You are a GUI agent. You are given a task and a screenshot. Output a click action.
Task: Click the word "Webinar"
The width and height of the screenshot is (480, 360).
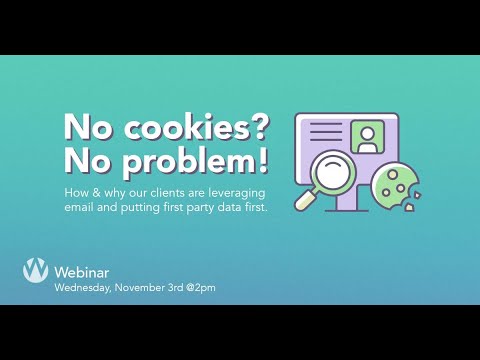tap(81, 271)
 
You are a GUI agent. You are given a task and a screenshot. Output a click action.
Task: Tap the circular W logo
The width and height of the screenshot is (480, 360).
tap(36, 270)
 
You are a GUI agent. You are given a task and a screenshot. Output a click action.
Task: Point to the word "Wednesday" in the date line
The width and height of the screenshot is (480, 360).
tap(84, 288)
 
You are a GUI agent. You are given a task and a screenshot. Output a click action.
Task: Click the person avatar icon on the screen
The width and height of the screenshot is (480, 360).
tap(367, 136)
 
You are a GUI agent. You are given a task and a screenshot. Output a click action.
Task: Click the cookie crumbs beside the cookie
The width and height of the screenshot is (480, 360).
tap(421, 190)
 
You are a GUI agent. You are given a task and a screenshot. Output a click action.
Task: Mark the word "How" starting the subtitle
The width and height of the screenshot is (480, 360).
tap(75, 191)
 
